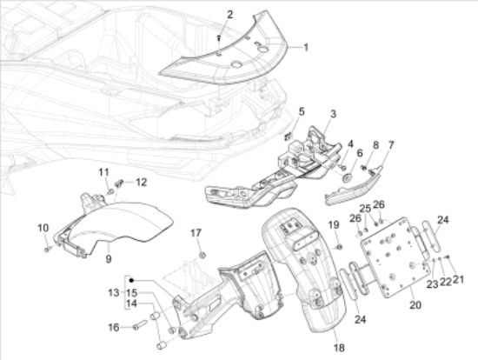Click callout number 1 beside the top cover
[306, 48]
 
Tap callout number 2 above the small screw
[229, 14]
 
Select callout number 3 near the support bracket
[333, 114]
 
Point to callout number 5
[302, 111]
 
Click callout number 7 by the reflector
[391, 145]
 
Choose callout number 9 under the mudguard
[109, 259]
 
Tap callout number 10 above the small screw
[43, 228]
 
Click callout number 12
[141, 183]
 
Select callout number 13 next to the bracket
[113, 293]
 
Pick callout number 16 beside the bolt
[114, 328]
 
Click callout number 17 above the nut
[196, 233]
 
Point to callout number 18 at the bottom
[339, 348]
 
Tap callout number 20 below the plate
[415, 304]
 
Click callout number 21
[457, 279]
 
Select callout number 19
[334, 225]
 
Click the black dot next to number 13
[132, 280]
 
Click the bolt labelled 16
[140, 324]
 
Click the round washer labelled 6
[348, 177]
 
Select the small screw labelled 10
[47, 250]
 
